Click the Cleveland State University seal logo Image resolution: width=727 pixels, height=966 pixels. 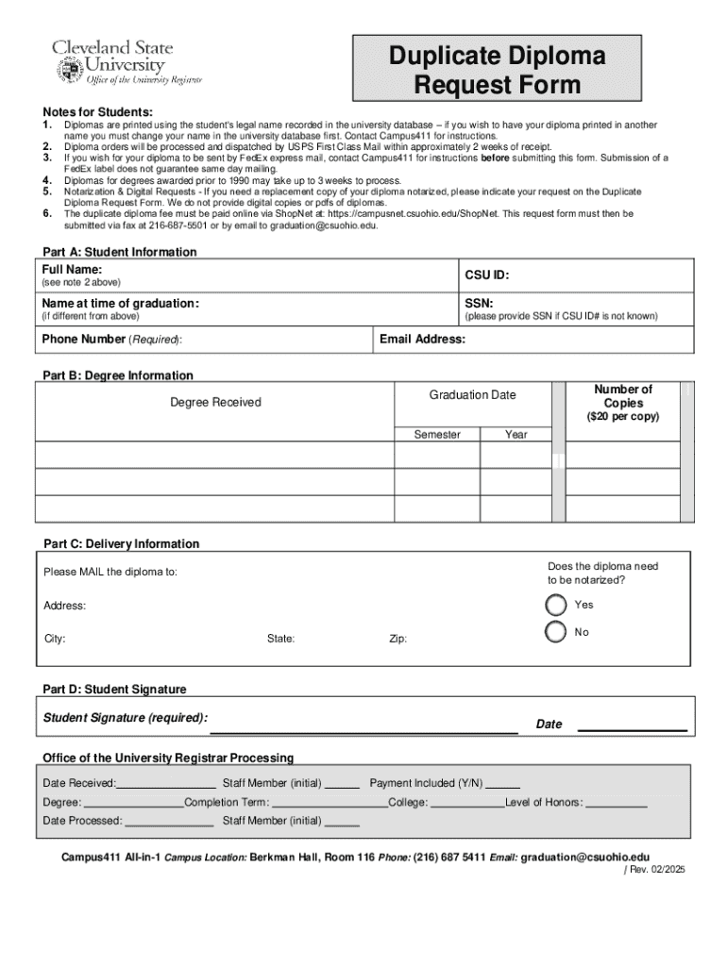coord(69,69)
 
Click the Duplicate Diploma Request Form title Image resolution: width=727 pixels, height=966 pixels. coord(498,71)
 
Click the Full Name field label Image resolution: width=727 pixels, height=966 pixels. coord(72,270)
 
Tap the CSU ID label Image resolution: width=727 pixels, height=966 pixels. coord(487,275)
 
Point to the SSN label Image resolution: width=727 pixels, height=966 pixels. coord(479,303)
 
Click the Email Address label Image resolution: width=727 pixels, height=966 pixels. coord(422,339)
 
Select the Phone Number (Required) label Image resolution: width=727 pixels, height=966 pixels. coord(112,339)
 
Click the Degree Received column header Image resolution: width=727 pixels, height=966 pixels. coord(215,402)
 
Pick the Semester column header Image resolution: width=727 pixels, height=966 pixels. coord(437,434)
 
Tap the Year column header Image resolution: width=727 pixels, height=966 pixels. coord(516,434)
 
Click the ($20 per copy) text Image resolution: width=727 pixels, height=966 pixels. coord(622,416)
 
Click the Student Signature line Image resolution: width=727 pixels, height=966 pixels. coord(363,726)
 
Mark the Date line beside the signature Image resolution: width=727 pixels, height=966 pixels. coord(632,725)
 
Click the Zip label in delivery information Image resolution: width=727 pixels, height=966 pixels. coord(398,639)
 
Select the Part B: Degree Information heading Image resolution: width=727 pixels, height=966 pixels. coord(118,375)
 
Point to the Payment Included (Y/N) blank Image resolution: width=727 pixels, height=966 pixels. coord(503,784)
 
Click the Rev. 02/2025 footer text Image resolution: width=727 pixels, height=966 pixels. coord(654,870)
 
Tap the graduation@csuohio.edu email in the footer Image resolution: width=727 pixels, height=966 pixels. coord(585,857)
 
